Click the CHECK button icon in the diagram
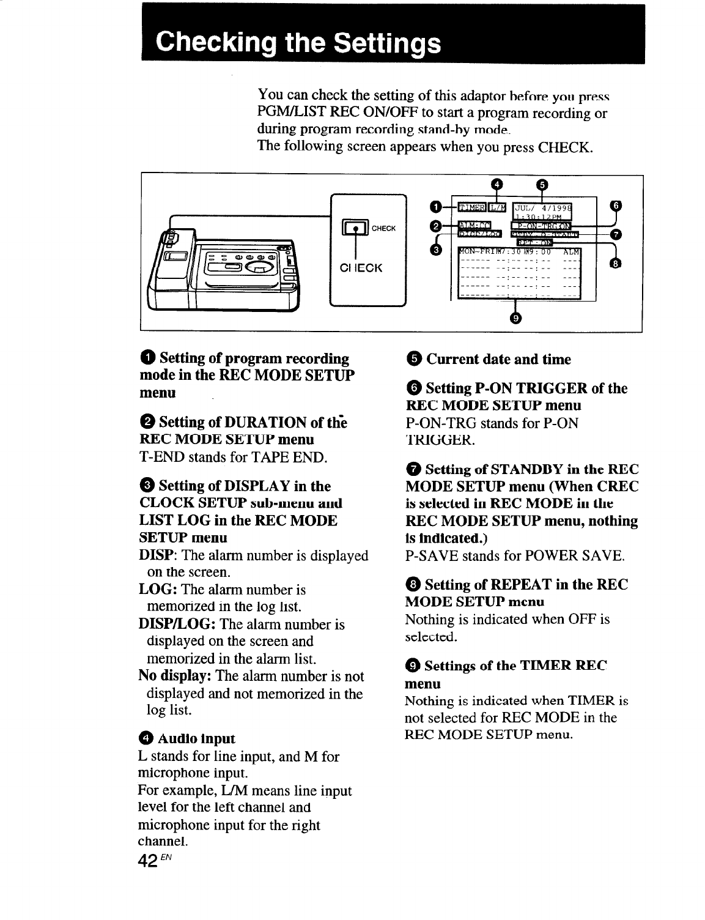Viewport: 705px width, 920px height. click(356, 229)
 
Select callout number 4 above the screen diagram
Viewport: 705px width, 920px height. click(496, 184)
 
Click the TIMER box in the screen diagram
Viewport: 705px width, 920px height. click(471, 209)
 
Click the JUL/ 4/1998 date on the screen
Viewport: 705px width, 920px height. click(541, 206)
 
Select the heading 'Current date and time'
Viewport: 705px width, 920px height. click(498, 359)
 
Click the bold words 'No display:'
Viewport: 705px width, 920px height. click(175, 676)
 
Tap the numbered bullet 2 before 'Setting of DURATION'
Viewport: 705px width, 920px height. click(147, 422)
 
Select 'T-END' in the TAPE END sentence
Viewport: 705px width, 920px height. click(161, 457)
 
